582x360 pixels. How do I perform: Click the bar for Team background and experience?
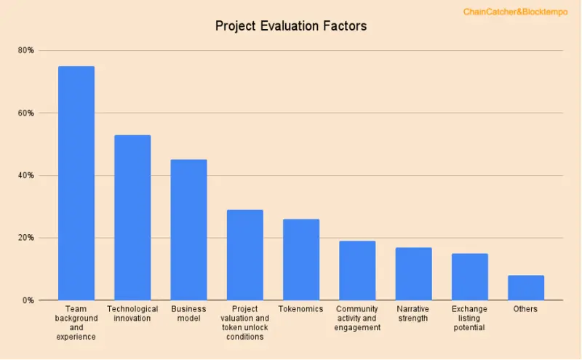[76, 183]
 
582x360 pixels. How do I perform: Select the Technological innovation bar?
[132, 217]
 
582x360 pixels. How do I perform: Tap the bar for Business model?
[188, 230]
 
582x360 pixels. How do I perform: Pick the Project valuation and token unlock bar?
[244, 255]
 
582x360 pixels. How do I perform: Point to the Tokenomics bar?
[301, 260]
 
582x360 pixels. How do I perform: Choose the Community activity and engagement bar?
[357, 271]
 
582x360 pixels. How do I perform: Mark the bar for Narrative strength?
[413, 273]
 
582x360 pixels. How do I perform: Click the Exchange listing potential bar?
[469, 276]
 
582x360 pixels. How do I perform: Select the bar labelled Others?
[525, 287]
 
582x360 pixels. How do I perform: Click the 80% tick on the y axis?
[26, 50]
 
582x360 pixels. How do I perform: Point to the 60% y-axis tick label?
[26, 113]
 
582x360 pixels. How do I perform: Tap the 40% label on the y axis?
[26, 175]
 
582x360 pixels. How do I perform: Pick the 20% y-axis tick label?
[26, 238]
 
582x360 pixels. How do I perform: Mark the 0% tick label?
[28, 300]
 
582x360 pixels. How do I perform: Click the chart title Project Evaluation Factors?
[291, 26]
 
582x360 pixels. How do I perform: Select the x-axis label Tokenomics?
[300, 309]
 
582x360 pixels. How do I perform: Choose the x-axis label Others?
[525, 309]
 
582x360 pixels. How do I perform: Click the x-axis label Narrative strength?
[413, 313]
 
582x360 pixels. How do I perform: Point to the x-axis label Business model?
[188, 313]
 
